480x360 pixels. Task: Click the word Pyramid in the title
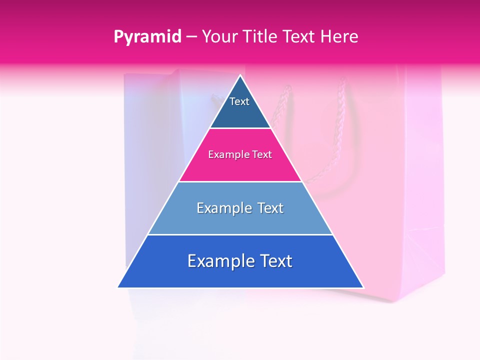[x=147, y=37]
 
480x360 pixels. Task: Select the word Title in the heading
[x=262, y=36]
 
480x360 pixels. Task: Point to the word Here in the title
[x=339, y=36]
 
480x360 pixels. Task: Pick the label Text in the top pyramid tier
[x=239, y=101]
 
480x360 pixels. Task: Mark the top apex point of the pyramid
[x=240, y=75]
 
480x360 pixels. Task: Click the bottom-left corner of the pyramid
[x=118, y=287]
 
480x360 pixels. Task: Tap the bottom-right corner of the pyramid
[x=363, y=287]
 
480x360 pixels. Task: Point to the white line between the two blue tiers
[x=240, y=235]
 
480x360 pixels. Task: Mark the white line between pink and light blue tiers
[x=240, y=181]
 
